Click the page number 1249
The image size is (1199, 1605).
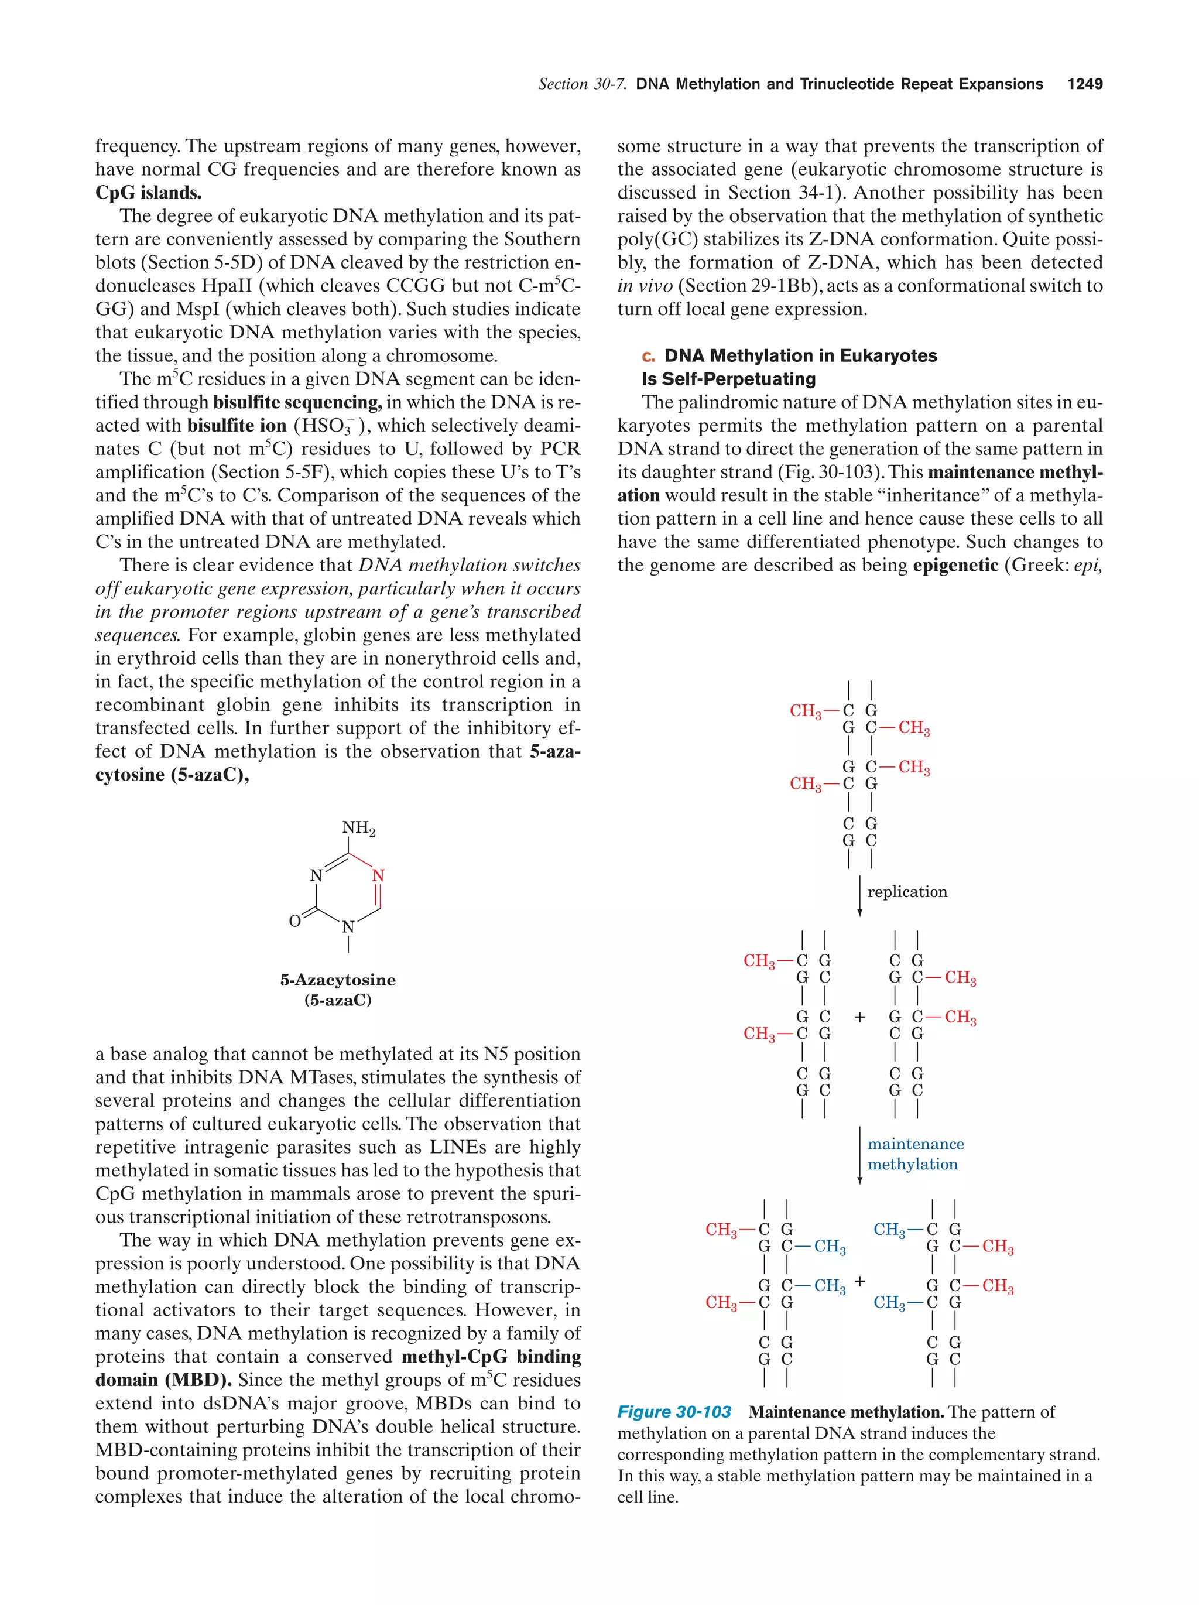(x=1084, y=84)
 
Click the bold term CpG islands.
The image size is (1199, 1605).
(x=148, y=193)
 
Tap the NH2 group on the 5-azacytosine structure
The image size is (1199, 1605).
(x=358, y=829)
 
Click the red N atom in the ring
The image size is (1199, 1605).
(x=378, y=876)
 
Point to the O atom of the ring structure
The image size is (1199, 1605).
(x=294, y=920)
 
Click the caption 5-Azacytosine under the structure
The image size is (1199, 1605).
(x=338, y=980)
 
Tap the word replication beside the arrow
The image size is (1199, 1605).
(x=907, y=892)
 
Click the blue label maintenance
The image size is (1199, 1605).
(x=916, y=1144)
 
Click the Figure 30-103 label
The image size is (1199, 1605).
(x=674, y=1412)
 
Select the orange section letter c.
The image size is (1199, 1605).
(x=648, y=356)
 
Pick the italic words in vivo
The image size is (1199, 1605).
(x=644, y=286)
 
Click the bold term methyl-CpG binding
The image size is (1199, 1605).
(x=491, y=1357)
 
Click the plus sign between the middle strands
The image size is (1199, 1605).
(x=859, y=1017)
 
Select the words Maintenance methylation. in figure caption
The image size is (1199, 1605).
(x=846, y=1412)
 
